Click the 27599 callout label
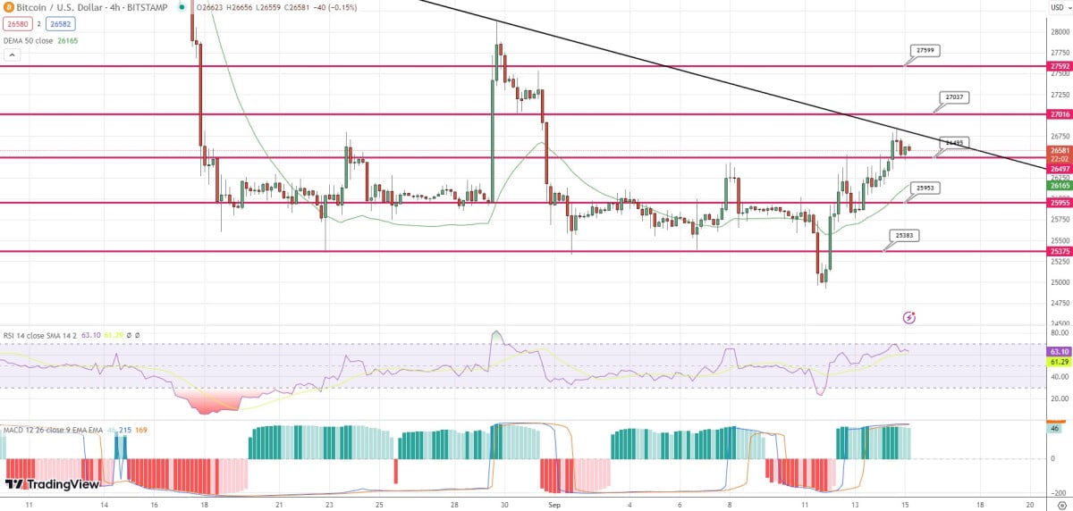point(925,51)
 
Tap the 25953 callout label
point(925,188)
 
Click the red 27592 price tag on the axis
point(1060,66)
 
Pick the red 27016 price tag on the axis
point(1060,114)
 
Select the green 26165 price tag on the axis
point(1060,187)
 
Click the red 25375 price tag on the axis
point(1060,251)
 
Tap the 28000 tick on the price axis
point(1059,31)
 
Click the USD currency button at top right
point(1059,7)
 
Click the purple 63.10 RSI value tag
point(1060,352)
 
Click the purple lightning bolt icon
point(909,317)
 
